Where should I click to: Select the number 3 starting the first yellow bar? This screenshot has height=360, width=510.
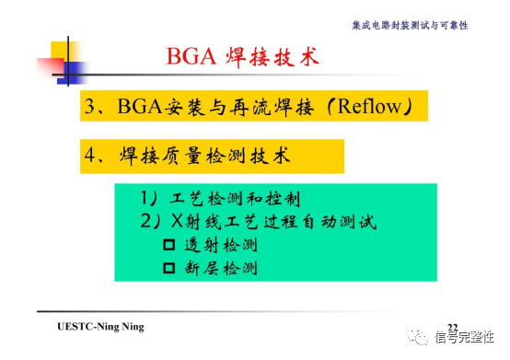click(x=89, y=108)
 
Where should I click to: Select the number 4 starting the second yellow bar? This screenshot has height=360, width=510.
click(x=89, y=156)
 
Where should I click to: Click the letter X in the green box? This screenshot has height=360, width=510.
click(x=177, y=222)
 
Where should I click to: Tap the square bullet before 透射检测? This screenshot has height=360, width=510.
click(x=168, y=246)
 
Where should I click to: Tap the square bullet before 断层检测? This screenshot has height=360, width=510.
click(x=168, y=269)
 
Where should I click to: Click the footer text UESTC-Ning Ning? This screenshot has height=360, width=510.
click(x=100, y=327)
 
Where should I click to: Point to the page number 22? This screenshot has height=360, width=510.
click(x=452, y=327)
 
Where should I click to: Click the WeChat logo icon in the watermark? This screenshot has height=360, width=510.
click(x=420, y=335)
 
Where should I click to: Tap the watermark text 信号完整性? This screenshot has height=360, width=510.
click(x=466, y=337)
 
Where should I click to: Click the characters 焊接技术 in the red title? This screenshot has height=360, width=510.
click(x=272, y=57)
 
